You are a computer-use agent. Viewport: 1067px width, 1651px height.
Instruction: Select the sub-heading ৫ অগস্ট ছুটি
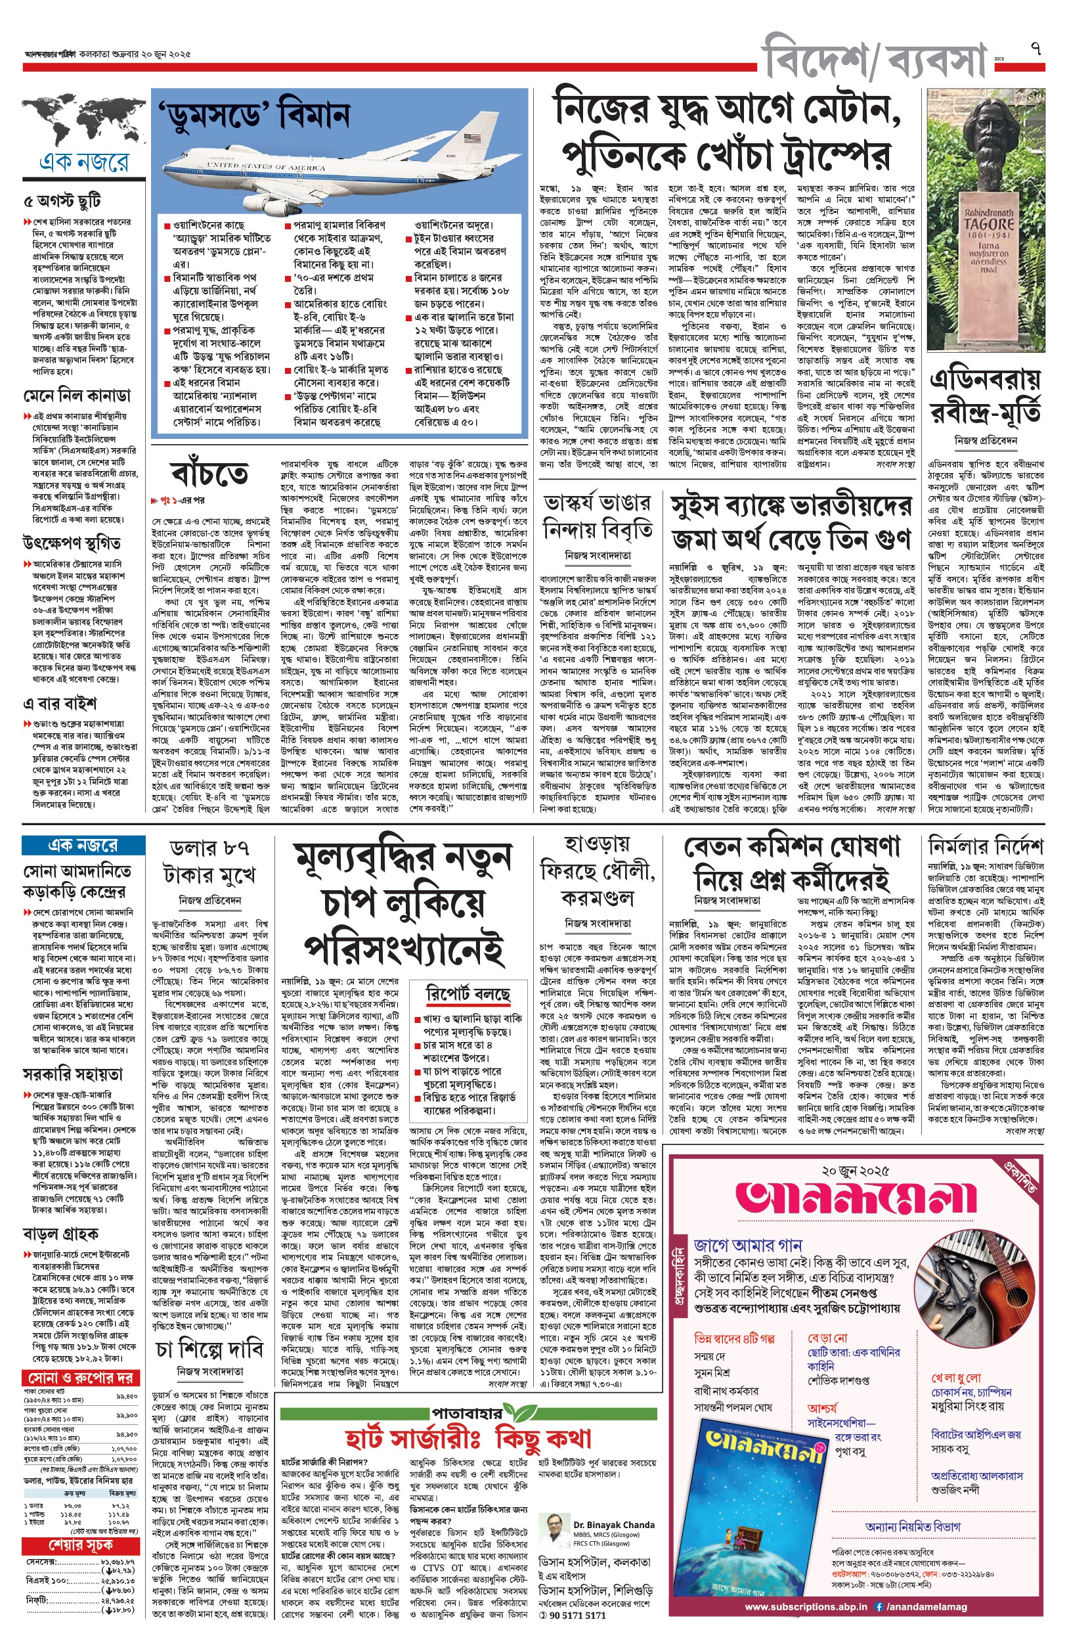(62, 202)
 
